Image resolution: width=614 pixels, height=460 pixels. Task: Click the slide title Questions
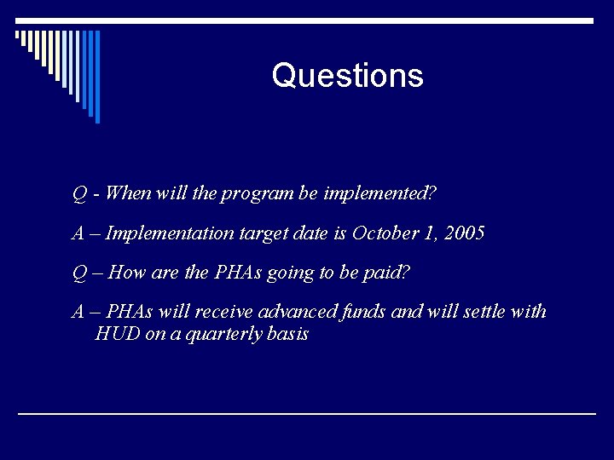click(x=347, y=76)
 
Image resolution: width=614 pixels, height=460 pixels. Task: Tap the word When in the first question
click(x=129, y=193)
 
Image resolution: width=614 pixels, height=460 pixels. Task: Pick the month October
click(x=382, y=233)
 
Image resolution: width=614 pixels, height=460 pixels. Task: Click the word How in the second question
click(x=128, y=273)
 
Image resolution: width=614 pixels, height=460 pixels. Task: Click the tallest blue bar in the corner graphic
click(x=97, y=77)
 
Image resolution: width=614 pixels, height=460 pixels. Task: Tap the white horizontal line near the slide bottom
click(x=307, y=413)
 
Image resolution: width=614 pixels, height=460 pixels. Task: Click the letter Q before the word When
click(x=78, y=193)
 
